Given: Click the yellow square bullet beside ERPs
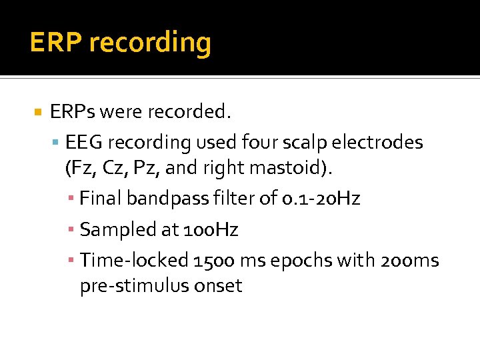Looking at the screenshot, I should tap(38, 111).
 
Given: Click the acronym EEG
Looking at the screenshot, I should tap(85, 143).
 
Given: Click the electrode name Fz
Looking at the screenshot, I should tap(85, 169).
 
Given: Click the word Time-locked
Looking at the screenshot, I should tap(132, 260).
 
